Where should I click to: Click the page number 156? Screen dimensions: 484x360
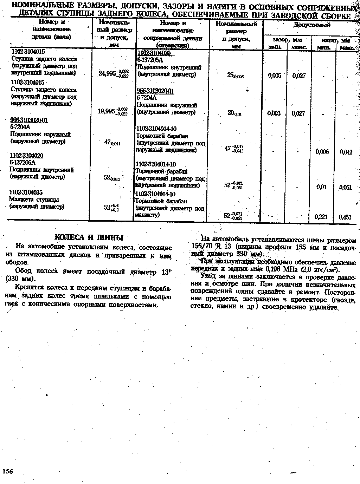7,471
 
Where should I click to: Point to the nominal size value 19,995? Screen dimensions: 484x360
107,111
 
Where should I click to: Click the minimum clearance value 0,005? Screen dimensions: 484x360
274,76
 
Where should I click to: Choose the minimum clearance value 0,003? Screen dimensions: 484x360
274,113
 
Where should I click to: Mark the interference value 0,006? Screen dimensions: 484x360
322,152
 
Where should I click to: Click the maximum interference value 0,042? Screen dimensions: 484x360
346,152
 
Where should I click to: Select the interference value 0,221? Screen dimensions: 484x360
322,217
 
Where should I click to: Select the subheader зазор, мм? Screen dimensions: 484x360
287,40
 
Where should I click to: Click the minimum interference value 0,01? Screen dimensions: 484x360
322,187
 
